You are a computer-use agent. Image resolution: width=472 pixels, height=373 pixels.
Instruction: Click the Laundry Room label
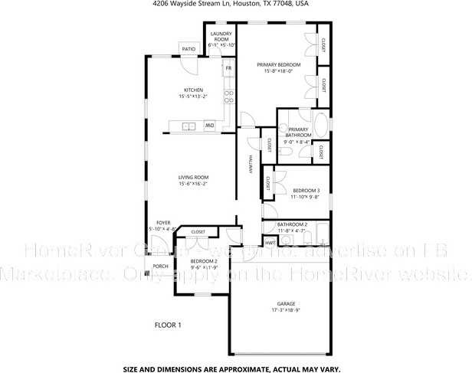click(221, 37)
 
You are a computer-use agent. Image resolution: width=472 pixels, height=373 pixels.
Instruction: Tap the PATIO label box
click(188, 49)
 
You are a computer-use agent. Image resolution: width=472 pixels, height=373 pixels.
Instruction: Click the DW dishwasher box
click(208, 126)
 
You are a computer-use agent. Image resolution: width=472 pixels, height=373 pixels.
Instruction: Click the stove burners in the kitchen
click(228, 97)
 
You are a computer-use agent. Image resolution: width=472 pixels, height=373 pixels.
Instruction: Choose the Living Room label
click(193, 177)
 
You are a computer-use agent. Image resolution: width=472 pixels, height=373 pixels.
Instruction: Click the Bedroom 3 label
click(306, 189)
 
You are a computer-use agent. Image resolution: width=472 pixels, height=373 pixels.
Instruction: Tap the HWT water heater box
click(270, 243)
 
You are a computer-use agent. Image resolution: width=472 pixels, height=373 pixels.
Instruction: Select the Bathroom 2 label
click(292, 224)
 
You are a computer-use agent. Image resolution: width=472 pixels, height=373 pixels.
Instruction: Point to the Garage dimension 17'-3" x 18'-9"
click(285, 311)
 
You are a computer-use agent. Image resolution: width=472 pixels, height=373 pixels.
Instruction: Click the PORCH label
click(160, 267)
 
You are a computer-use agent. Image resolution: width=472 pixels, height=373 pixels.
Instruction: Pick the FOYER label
click(163, 222)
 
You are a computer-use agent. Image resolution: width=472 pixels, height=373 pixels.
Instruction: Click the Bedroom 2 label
click(205, 261)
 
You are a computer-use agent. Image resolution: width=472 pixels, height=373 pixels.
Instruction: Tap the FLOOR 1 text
click(168, 325)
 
